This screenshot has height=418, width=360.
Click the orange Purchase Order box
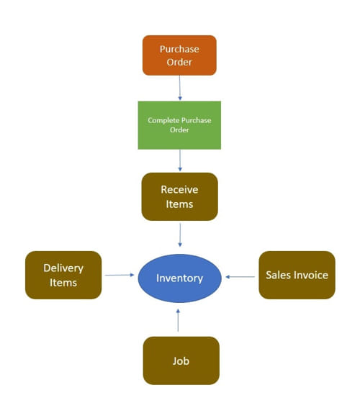point(179,55)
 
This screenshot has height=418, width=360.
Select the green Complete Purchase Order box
point(179,125)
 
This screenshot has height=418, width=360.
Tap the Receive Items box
point(179,196)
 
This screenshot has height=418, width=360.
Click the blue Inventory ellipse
point(179,278)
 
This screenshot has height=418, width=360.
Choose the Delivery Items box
point(63,275)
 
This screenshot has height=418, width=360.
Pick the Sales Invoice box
point(297,275)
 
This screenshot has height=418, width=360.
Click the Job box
point(181,360)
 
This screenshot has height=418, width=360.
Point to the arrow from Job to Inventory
point(178,320)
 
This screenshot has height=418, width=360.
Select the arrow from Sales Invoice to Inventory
point(240,277)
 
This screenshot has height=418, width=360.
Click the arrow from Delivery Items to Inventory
point(120,275)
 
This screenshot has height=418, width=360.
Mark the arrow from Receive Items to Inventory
point(180,235)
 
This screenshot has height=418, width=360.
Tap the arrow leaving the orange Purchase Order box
point(179,88)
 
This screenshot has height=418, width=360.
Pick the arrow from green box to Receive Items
point(180,160)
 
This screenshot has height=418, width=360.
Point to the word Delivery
point(63,268)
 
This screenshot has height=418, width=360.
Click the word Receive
point(179,189)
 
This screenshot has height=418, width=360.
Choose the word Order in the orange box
point(179,62)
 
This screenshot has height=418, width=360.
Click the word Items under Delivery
point(63,283)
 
